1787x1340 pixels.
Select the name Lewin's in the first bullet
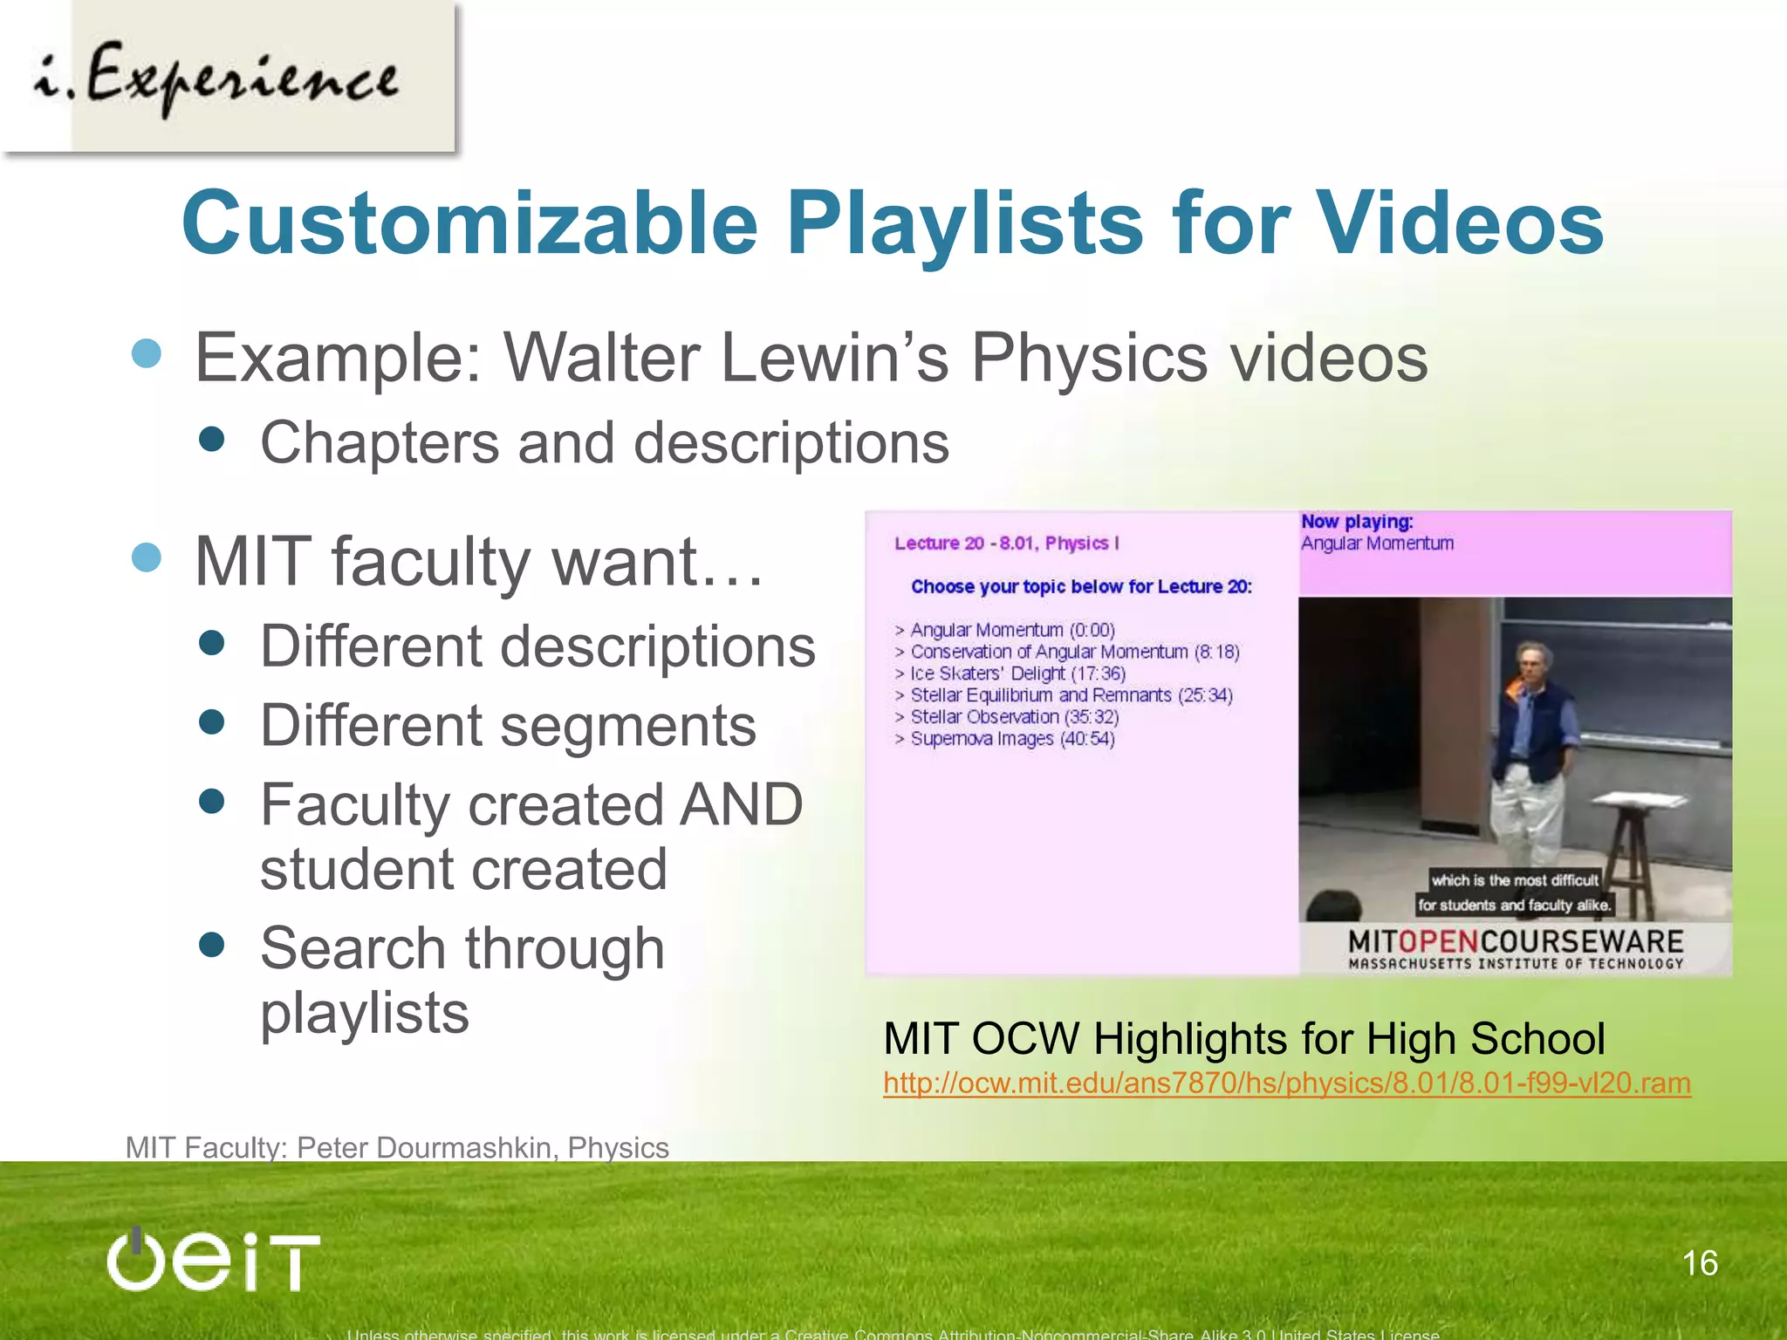834,358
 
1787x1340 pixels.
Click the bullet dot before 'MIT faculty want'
147,557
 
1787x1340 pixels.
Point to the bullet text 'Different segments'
508,726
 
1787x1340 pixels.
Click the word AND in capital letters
741,804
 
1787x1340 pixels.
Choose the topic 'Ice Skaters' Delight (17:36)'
1017,673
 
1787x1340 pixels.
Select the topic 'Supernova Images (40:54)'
1012,739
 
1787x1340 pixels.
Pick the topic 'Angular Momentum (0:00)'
1012,630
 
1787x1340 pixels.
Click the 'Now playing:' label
1357,522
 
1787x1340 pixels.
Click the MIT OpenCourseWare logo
1516,948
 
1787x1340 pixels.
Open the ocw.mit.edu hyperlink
1287,1084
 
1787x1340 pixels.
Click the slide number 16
1700,1263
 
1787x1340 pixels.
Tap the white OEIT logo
214,1261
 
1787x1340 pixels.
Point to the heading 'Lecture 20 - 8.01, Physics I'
1006,544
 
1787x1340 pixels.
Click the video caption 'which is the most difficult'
1515,880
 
